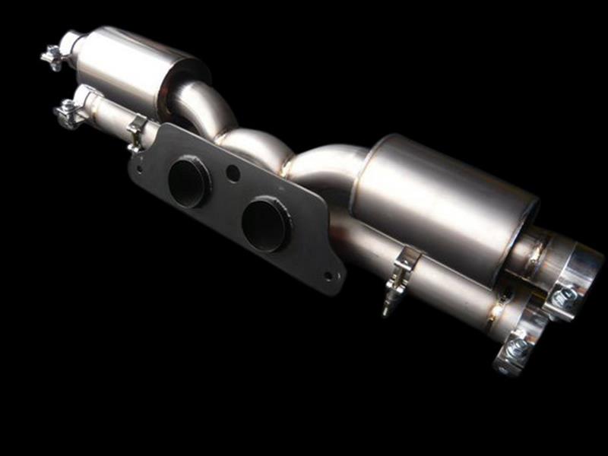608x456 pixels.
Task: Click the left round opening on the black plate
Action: coord(188,183)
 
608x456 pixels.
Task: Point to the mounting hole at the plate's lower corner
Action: coord(328,275)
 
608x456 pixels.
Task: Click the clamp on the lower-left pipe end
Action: coord(68,112)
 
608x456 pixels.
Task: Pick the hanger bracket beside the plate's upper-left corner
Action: coord(137,131)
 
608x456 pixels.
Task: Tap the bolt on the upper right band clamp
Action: coord(563,297)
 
